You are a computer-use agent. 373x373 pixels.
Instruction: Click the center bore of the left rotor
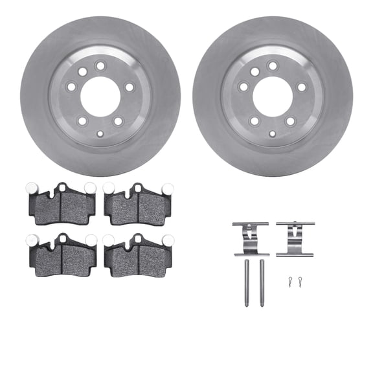tap(100, 96)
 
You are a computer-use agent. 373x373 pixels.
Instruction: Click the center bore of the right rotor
tap(273, 96)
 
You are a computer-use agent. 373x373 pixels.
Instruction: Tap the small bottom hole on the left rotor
tap(100, 134)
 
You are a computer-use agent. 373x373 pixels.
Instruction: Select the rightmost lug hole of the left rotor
tap(129, 87)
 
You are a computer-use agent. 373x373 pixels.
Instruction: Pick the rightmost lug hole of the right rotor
tap(301, 87)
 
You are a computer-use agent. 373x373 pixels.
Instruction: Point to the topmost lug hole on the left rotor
tap(100, 65)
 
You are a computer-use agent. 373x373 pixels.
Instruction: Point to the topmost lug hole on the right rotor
tap(273, 65)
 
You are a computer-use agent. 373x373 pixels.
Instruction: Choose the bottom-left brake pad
tap(62, 257)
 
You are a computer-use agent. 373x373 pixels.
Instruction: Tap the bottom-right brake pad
tap(139, 257)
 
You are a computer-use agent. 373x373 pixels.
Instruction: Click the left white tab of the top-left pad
tap(31, 188)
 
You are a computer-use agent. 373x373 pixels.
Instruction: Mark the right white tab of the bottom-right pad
tap(168, 240)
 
